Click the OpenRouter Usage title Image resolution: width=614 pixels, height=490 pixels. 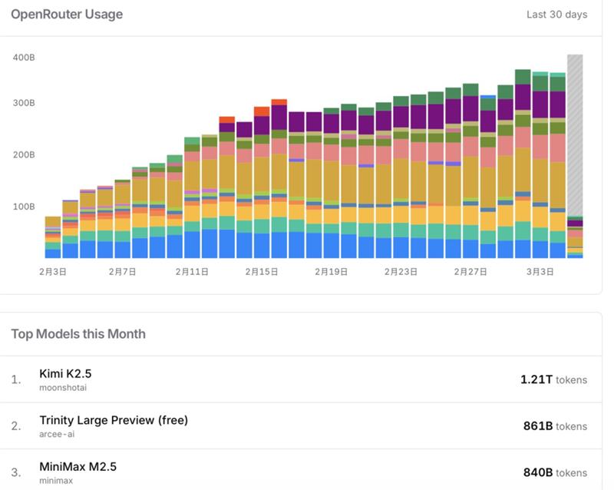tap(67, 15)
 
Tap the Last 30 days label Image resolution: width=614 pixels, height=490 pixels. tap(556, 15)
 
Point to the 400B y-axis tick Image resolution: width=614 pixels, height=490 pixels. tap(24, 58)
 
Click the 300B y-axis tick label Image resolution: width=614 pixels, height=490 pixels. tap(24, 103)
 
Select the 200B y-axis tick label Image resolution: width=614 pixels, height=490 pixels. tap(24, 154)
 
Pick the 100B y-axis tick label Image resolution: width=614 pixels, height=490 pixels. tap(24, 206)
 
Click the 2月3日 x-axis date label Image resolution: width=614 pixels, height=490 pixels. tap(53, 271)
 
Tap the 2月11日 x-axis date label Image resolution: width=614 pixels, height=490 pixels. tap(192, 271)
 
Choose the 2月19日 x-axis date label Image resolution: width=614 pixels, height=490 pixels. tap(332, 271)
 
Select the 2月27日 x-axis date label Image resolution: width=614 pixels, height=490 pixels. tap(470, 271)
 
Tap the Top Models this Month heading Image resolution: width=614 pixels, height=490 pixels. tap(78, 334)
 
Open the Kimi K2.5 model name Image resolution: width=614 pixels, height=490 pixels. tap(65, 373)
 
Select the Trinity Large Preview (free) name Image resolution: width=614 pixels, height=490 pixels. tap(114, 420)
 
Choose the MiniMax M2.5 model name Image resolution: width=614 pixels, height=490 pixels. tap(78, 467)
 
